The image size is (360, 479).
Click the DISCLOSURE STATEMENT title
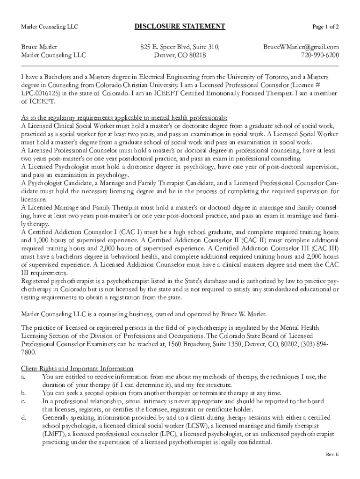point(180,27)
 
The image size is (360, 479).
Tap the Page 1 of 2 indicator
point(322,27)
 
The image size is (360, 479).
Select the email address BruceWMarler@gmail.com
point(301,47)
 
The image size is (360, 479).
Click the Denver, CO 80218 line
point(180,56)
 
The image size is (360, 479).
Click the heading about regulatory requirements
point(124,117)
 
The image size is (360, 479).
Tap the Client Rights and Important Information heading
point(78,368)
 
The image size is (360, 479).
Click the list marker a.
point(23,377)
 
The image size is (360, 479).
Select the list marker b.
point(23,393)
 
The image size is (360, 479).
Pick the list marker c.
point(23,401)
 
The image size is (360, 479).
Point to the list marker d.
point(23,417)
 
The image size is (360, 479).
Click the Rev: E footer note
point(332,455)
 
